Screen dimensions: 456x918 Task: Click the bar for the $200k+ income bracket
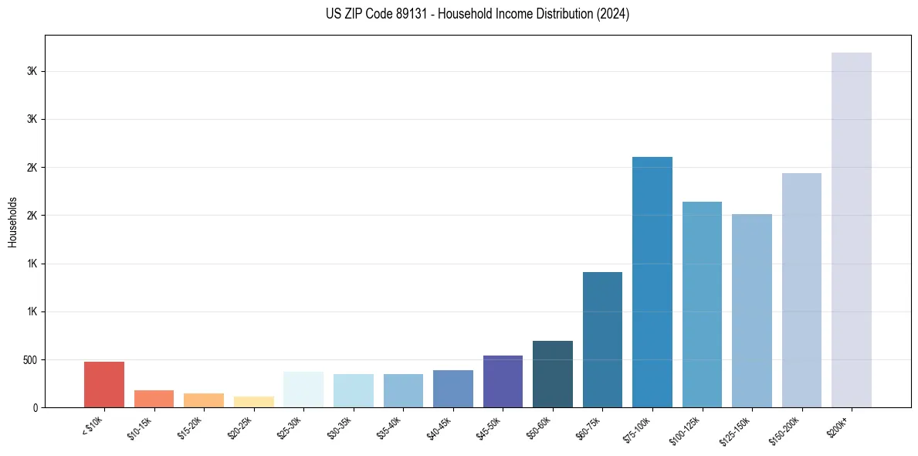pos(851,230)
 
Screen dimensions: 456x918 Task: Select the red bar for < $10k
pos(104,384)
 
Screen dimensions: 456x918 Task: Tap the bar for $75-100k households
pos(652,282)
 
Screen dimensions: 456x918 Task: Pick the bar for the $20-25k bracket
pos(253,402)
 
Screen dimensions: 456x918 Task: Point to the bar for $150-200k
pos(801,290)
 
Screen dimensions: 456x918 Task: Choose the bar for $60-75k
pos(602,339)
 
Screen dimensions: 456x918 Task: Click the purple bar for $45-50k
pos(503,381)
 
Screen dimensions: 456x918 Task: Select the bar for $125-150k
pos(751,311)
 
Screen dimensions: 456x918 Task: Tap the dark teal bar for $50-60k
pos(553,374)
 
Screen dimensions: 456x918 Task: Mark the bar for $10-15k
pos(154,399)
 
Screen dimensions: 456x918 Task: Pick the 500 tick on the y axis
pos(29,360)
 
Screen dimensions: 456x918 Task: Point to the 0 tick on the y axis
pos(36,408)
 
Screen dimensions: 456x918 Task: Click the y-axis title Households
pos(13,221)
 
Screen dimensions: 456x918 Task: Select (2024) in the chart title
pos(614,14)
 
